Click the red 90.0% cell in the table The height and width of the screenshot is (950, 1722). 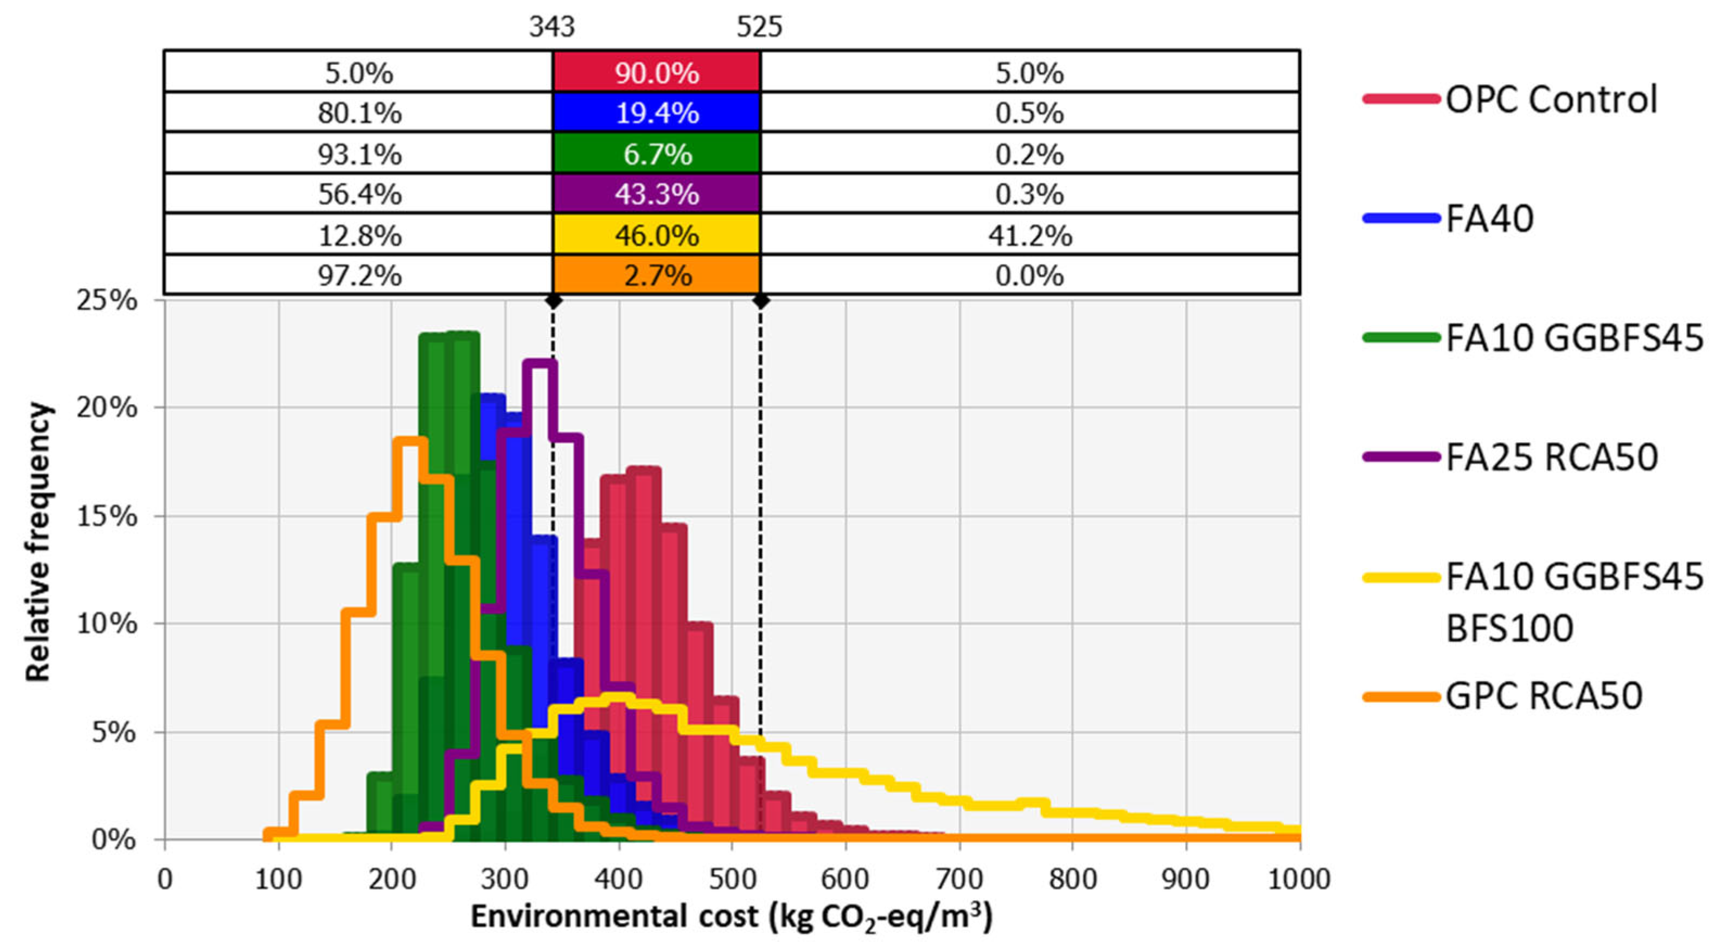[656, 72]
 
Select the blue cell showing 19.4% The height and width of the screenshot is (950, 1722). [656, 112]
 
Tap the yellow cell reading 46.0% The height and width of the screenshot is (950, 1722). [656, 235]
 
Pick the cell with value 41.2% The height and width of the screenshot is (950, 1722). [1029, 235]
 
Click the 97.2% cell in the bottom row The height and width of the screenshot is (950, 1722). [360, 275]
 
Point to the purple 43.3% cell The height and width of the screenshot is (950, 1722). [656, 194]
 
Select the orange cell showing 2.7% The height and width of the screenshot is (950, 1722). [656, 275]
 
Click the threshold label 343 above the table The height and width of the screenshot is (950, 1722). [552, 27]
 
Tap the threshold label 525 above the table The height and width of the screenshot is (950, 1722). [759, 27]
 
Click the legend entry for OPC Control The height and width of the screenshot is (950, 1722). [1551, 99]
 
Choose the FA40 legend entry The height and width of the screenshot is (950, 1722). [1489, 218]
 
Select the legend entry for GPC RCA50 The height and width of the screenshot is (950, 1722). [1543, 696]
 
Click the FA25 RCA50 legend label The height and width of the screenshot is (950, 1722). [1551, 457]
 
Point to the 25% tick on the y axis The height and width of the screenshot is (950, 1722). [107, 301]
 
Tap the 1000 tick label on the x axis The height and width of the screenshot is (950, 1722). [1298, 878]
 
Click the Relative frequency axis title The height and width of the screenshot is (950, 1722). [39, 541]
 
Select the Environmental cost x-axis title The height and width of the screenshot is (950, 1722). [732, 917]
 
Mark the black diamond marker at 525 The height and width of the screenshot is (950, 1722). [760, 301]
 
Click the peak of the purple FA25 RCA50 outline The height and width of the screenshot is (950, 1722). [540, 363]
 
